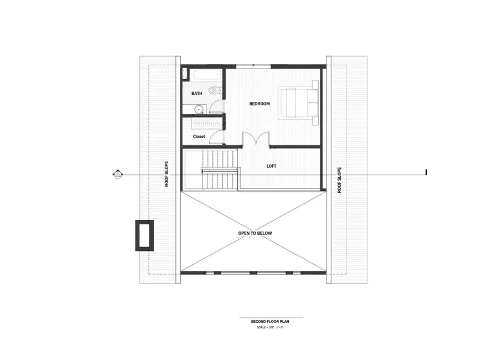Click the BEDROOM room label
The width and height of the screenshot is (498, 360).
pyautogui.click(x=259, y=104)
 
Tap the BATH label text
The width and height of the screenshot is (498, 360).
pyautogui.click(x=196, y=94)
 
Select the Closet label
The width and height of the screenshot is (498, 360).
pyautogui.click(x=199, y=136)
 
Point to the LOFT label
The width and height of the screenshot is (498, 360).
pyautogui.click(x=271, y=165)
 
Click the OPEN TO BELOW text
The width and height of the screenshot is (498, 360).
pyautogui.click(x=255, y=233)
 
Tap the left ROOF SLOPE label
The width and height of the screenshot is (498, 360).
pyautogui.click(x=166, y=174)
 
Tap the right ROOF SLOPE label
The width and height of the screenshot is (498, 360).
pyautogui.click(x=339, y=180)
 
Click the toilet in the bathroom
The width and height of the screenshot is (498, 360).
pyautogui.click(x=214, y=90)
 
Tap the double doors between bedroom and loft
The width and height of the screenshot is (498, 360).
pyautogui.click(x=256, y=140)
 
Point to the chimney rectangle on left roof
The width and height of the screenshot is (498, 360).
pyautogui.click(x=144, y=235)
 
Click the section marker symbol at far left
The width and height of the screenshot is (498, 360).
pyautogui.click(x=117, y=175)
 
